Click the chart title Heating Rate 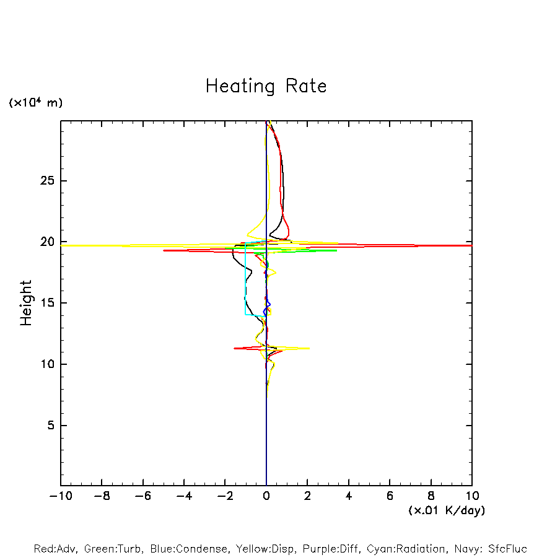[266, 86]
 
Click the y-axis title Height [26, 303]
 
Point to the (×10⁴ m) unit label [35, 103]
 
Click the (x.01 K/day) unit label [446, 510]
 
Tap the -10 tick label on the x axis [60, 496]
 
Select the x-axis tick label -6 [142, 496]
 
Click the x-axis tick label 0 [266, 496]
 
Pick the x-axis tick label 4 [349, 496]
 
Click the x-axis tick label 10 [471, 496]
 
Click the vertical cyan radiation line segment [245, 285]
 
